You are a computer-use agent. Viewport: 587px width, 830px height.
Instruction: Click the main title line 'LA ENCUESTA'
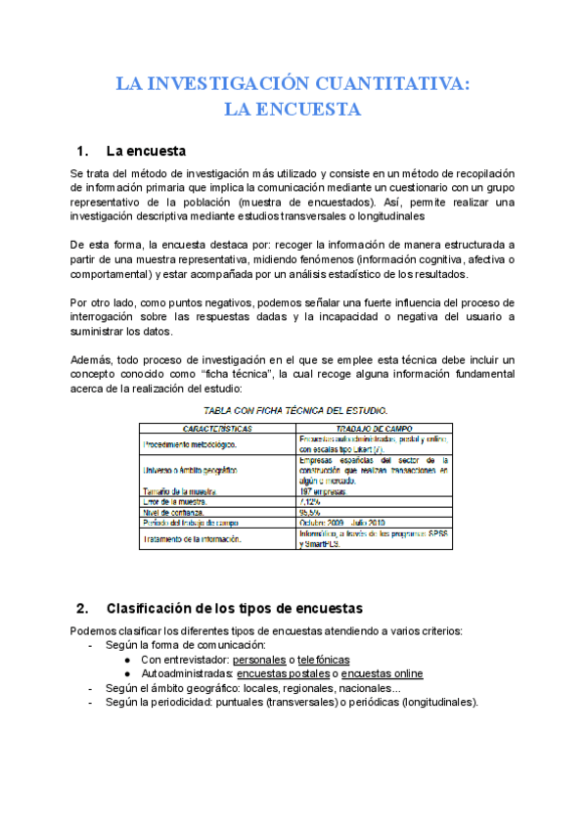point(293,109)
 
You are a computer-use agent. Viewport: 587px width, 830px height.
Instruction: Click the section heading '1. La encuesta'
point(131,152)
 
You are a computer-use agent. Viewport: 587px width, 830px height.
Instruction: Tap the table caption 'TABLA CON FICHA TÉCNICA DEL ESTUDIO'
point(293,410)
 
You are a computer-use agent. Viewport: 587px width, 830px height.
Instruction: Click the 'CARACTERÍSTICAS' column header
point(218,429)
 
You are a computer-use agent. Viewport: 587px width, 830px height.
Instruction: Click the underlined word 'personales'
point(260,660)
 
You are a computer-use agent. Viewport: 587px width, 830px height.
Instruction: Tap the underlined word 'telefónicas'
point(324,660)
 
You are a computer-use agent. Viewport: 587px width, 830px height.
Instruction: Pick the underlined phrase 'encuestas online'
point(384,673)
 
